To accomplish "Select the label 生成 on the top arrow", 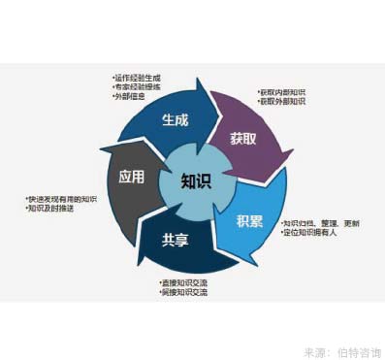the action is tap(175, 121).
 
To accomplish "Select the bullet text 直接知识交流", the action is tap(185, 282).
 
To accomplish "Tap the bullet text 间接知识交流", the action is tap(185, 292).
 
